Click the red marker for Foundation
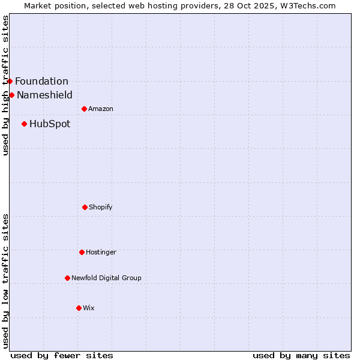click(x=10, y=81)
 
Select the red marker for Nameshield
click(x=11, y=95)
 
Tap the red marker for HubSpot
click(x=24, y=124)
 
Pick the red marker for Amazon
click(x=84, y=109)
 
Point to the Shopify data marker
click(x=85, y=207)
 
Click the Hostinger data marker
click(x=82, y=252)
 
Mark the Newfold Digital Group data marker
click(x=67, y=278)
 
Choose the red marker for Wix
click(x=79, y=308)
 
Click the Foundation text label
click(x=41, y=81)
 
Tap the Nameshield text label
click(x=44, y=95)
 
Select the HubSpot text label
click(x=50, y=124)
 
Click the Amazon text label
click(x=101, y=109)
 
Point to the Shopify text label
click(x=101, y=207)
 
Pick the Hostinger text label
click(x=101, y=252)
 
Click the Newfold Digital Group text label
click(x=106, y=278)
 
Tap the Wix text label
click(x=89, y=308)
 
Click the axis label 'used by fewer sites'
click(x=62, y=355)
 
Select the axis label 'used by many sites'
click(x=301, y=355)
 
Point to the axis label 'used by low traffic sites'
click(x=5, y=281)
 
